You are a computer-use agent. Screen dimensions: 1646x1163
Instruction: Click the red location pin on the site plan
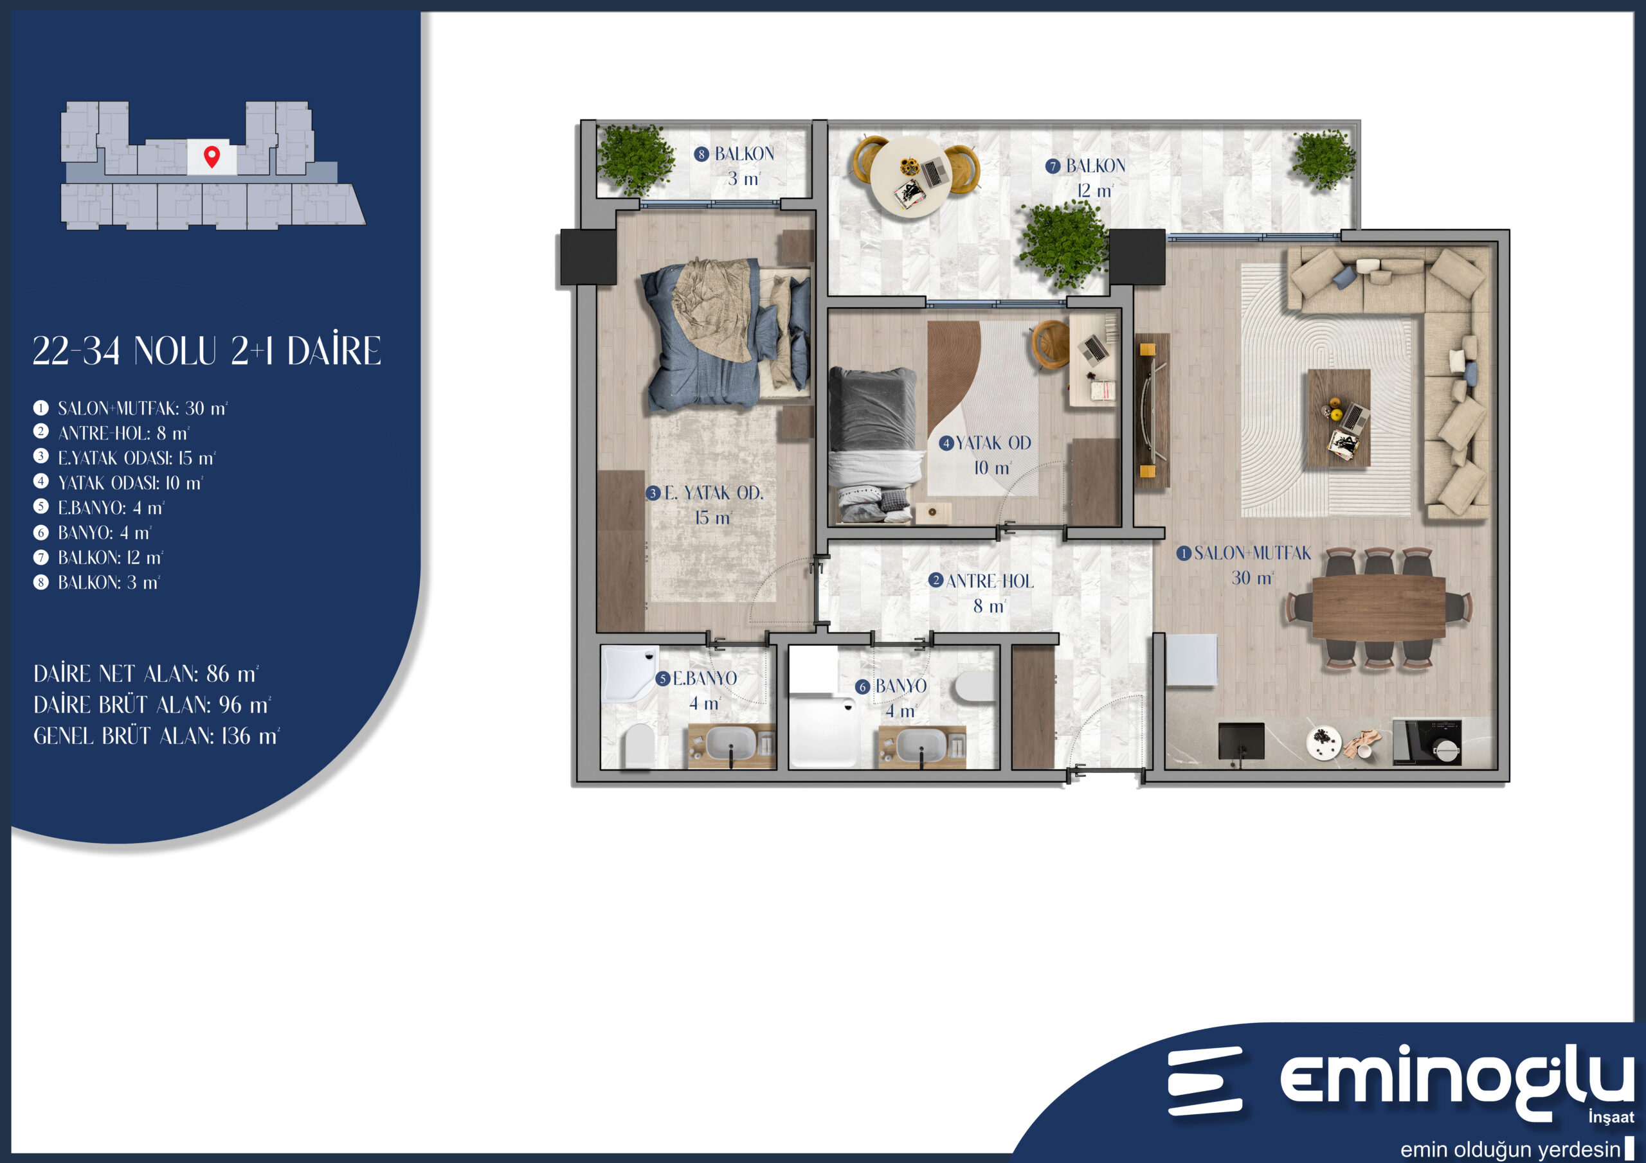click(x=212, y=156)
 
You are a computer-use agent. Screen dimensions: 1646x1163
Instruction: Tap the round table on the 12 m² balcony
click(x=911, y=176)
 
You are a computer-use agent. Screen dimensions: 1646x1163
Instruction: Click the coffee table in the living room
click(x=1339, y=418)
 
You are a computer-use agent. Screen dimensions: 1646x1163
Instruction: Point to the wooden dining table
click(x=1379, y=608)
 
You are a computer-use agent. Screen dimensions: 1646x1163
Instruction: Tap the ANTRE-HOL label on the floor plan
click(x=982, y=592)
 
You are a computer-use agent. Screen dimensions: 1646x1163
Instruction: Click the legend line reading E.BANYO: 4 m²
click(x=99, y=508)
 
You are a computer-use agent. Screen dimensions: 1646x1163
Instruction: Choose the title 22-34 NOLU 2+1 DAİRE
click(x=207, y=351)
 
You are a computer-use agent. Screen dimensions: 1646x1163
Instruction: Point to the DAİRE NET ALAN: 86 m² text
click(x=145, y=674)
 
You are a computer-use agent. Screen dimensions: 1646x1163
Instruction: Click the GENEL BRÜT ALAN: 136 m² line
click(x=156, y=736)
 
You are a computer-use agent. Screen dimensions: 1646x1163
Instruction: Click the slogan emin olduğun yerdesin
click(x=1510, y=1150)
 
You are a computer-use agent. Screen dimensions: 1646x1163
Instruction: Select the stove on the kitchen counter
click(x=1427, y=742)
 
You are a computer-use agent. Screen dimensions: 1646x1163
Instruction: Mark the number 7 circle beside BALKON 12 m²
click(x=1053, y=166)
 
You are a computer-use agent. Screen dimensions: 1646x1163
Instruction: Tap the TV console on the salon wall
click(x=1152, y=411)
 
